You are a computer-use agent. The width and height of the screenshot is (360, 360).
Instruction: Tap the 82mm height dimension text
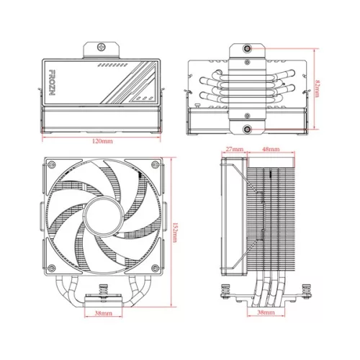coord(318,87)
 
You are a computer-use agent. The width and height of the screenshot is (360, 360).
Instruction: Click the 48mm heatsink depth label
coord(271,150)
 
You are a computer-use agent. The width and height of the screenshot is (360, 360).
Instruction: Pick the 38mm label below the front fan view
coord(102,315)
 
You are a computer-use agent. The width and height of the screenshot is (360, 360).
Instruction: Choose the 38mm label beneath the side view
coord(266,314)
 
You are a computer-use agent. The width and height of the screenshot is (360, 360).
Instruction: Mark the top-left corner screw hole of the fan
coord(50,166)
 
